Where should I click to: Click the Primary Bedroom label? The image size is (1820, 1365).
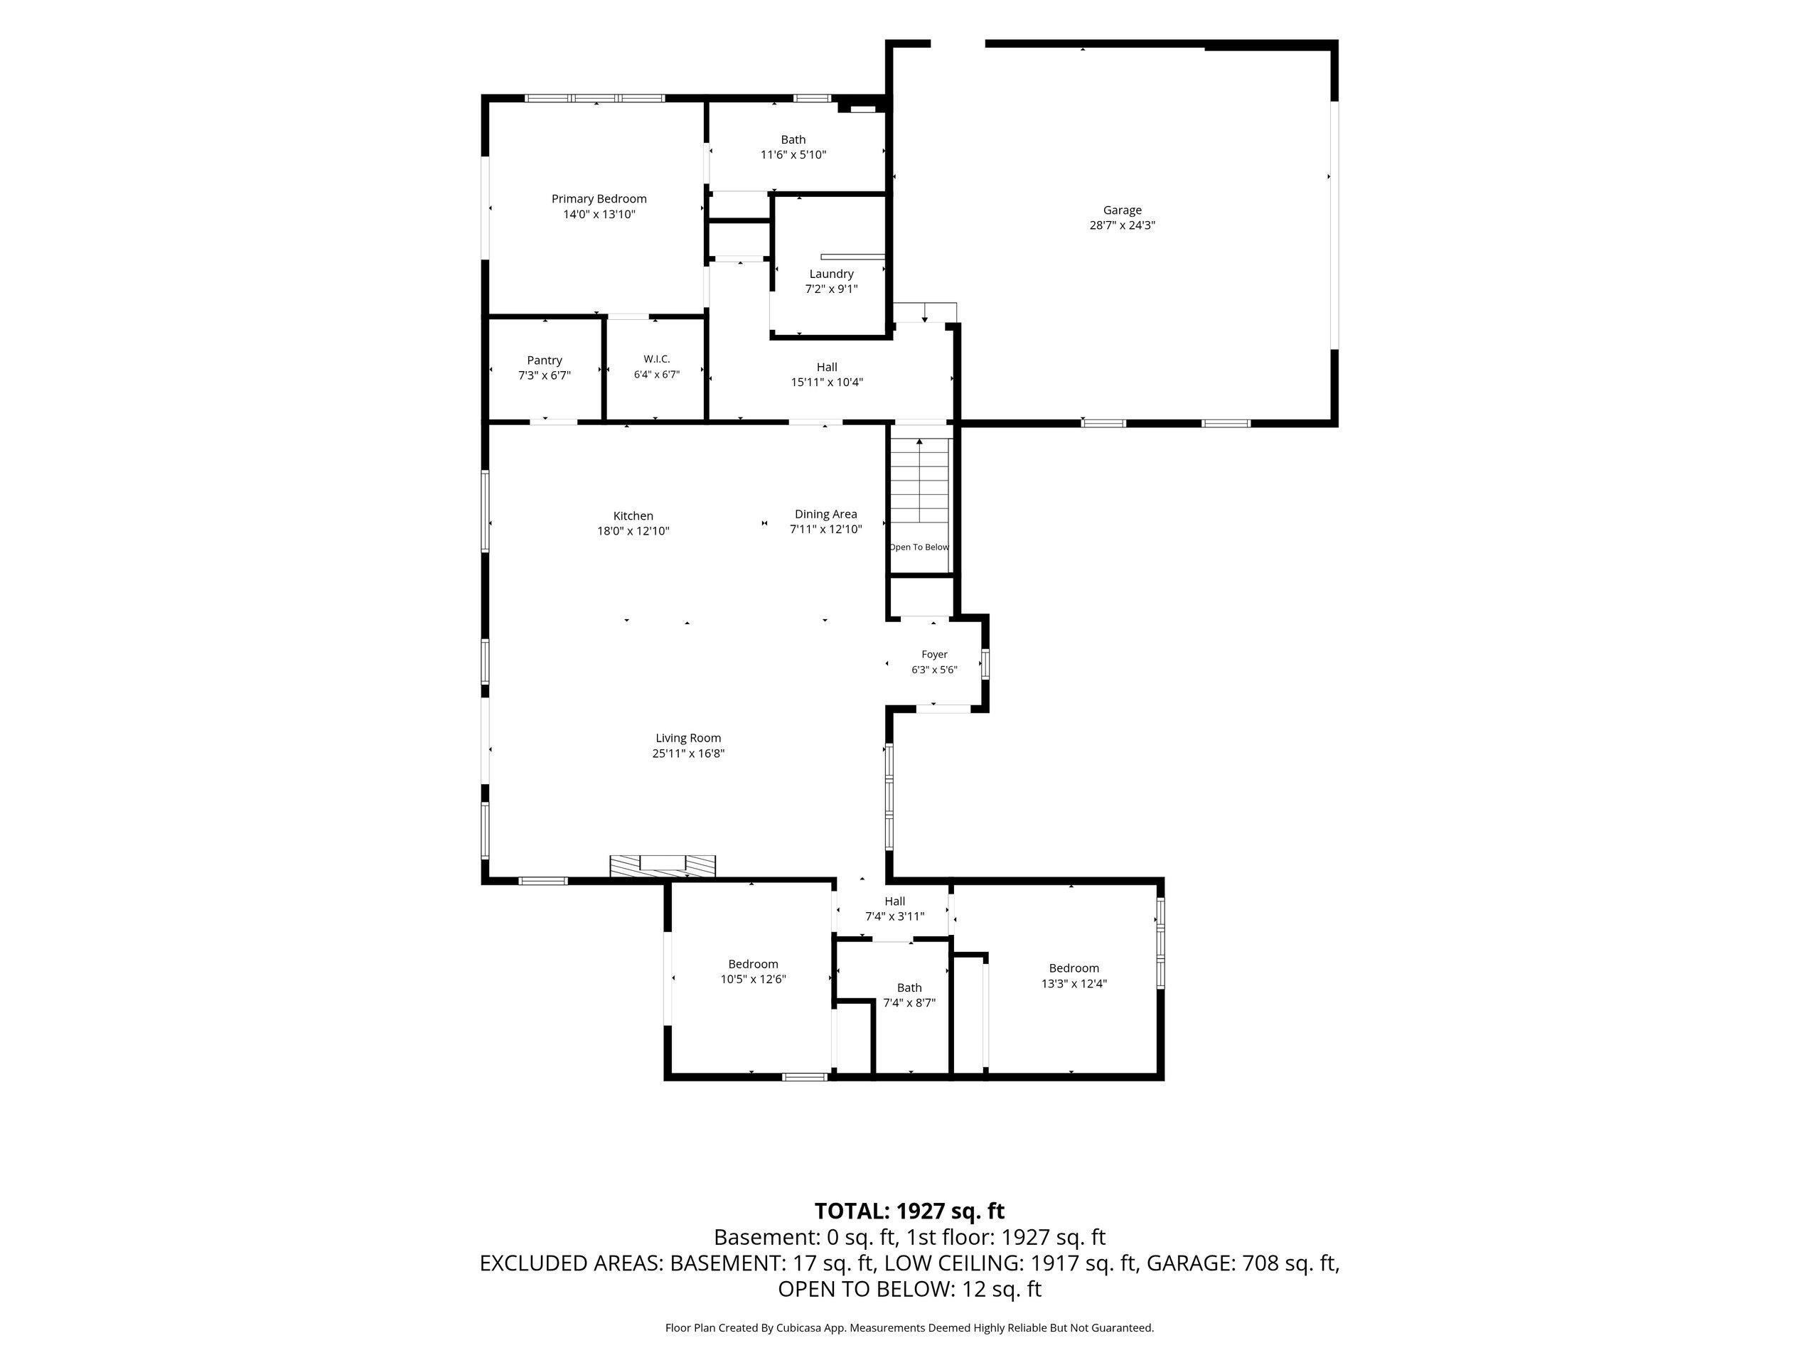(x=599, y=199)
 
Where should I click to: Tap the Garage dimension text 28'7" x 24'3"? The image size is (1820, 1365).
(x=1123, y=225)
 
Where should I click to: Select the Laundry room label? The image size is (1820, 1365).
(x=831, y=274)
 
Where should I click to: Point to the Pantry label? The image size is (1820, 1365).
(x=545, y=360)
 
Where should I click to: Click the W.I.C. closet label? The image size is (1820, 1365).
(x=657, y=359)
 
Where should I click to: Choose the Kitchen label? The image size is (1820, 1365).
(x=633, y=516)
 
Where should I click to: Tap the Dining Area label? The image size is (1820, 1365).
(x=826, y=514)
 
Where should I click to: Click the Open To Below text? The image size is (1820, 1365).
(x=919, y=547)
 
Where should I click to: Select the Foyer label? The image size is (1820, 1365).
(x=934, y=655)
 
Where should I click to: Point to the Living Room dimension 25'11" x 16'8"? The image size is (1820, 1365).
(x=689, y=754)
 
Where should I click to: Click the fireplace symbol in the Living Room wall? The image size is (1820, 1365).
(x=663, y=867)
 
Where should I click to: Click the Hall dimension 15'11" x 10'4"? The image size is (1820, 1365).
(x=827, y=382)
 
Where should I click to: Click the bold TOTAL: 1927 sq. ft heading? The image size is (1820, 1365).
(x=909, y=1211)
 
